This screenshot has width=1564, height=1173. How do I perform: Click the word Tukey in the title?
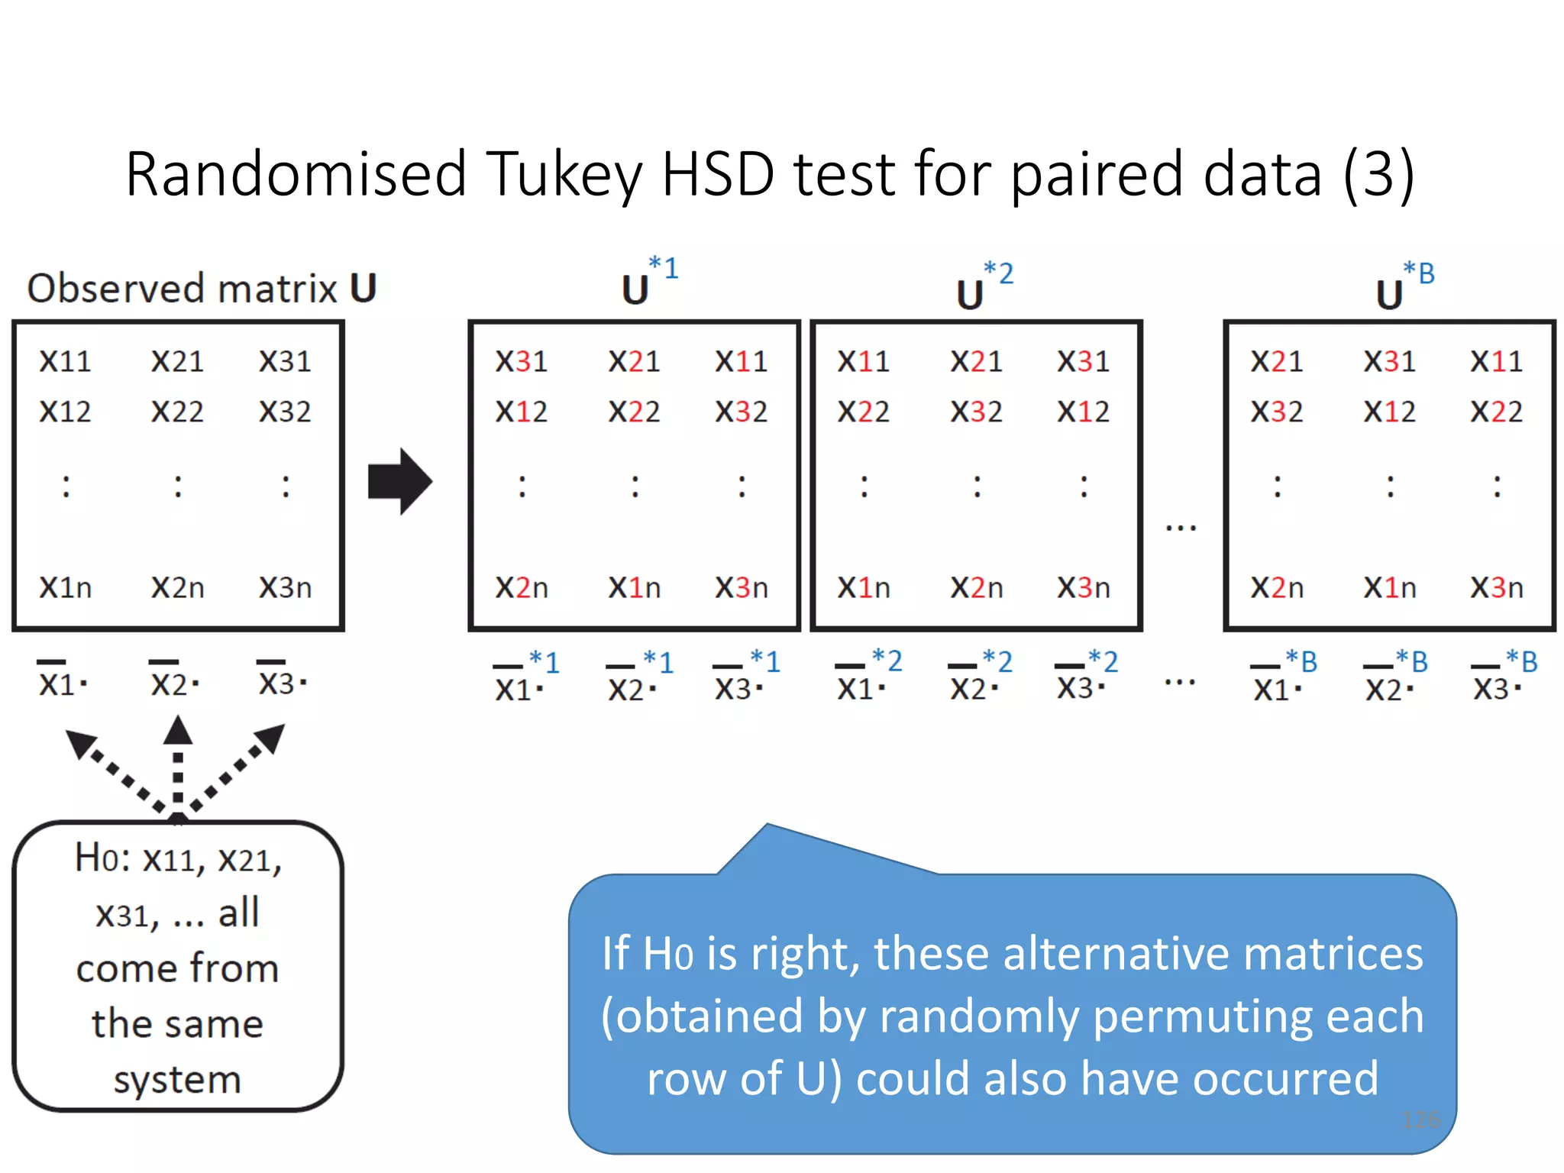(564, 175)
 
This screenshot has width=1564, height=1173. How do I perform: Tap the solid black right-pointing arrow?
(399, 481)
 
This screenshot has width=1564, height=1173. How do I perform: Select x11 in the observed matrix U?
(65, 361)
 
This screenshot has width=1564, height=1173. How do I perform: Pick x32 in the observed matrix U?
(285, 412)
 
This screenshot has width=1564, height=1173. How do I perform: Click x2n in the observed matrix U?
(177, 587)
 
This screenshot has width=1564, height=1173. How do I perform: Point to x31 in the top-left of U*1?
(521, 361)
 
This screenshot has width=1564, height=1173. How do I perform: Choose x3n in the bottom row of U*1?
(741, 587)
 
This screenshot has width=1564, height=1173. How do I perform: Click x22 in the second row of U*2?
(863, 412)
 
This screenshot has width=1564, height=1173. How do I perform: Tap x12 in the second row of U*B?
(1389, 412)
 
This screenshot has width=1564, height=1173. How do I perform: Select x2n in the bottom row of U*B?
(1277, 587)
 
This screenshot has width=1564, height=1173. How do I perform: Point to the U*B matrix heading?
(1404, 287)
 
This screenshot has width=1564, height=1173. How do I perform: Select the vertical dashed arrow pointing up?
(178, 764)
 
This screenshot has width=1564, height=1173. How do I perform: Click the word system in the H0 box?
(177, 1079)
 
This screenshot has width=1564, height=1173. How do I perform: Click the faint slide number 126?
(1420, 1120)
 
